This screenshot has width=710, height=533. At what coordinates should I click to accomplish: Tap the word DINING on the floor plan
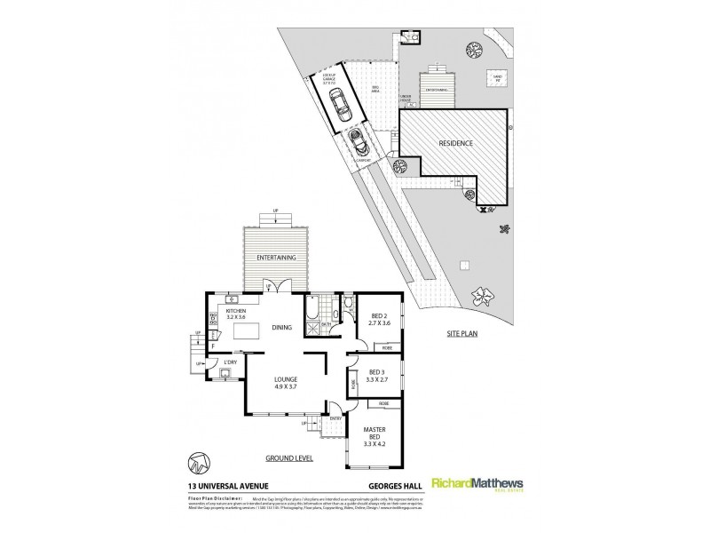click(281, 327)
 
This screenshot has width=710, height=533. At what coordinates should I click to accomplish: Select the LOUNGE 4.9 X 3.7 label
click(285, 384)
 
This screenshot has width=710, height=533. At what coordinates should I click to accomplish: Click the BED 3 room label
click(376, 374)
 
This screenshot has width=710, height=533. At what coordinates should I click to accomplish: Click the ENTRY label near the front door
click(335, 418)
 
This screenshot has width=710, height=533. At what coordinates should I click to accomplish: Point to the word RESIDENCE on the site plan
click(455, 143)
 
